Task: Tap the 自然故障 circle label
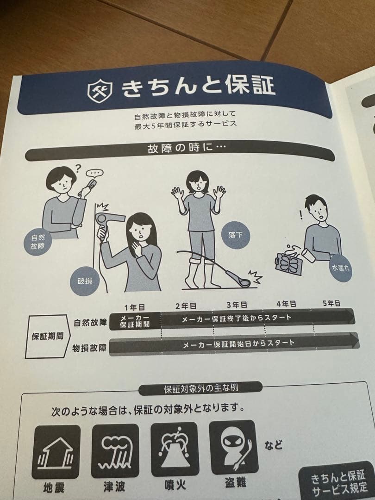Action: click(38, 242)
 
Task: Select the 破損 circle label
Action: click(85, 281)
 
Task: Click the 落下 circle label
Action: click(236, 235)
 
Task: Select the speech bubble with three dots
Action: click(95, 174)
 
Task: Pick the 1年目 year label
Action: click(134, 307)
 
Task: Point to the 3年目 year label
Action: click(237, 305)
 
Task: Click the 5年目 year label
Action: click(331, 303)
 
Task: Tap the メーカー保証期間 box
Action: click(135, 321)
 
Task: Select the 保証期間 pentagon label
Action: click(47, 337)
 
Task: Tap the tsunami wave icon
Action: click(115, 450)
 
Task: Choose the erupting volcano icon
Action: click(175, 449)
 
